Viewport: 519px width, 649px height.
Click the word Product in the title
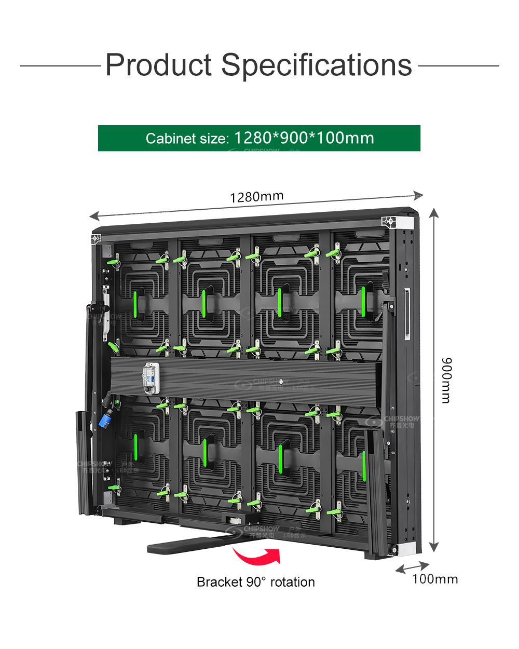159,65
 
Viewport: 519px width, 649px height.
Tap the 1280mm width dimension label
256,197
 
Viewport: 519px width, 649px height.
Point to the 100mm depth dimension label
435,579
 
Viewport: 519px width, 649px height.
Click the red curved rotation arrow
258,557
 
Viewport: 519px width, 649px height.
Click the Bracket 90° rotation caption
255,582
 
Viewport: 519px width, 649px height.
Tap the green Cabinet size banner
259,138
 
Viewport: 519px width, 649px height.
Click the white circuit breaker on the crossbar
151,377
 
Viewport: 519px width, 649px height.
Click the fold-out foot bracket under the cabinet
192,543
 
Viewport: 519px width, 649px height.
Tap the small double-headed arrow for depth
412,567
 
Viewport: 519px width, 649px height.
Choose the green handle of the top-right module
363,301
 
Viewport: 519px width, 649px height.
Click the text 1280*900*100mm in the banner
304,138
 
